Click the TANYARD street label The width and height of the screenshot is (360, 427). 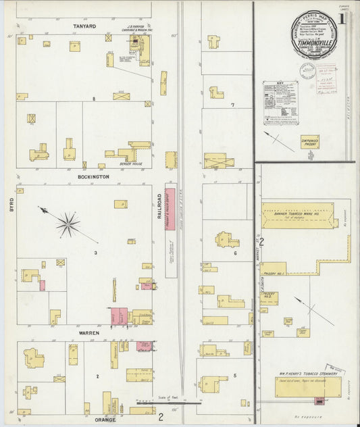pyautogui.click(x=84, y=26)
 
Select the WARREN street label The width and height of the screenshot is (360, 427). pyautogui.click(x=89, y=333)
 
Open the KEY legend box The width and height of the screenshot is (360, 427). pyautogui.click(x=280, y=103)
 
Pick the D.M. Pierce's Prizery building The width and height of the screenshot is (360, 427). pyautogui.click(x=310, y=143)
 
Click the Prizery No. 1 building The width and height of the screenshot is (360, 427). pyautogui.click(x=274, y=268)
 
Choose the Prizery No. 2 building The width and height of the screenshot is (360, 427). pyautogui.click(x=269, y=298)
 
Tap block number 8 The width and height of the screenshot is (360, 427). pyautogui.click(x=104, y=99)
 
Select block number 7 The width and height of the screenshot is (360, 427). pyautogui.click(x=232, y=105)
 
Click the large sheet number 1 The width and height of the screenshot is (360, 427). pyautogui.click(x=342, y=18)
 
